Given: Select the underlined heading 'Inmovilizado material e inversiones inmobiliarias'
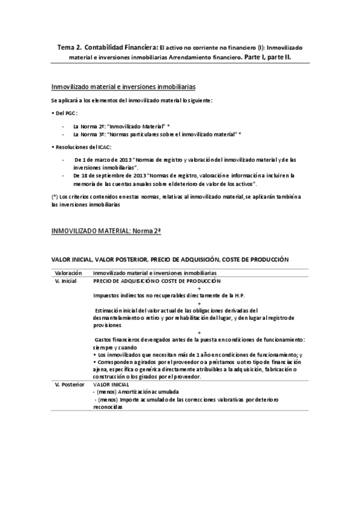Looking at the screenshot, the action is [123, 87].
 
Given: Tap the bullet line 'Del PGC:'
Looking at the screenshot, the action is [65, 113].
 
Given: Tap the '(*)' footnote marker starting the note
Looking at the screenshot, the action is [56, 197].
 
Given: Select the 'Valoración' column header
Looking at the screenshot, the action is [65, 273].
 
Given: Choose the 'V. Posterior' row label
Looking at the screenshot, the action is [69, 384].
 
